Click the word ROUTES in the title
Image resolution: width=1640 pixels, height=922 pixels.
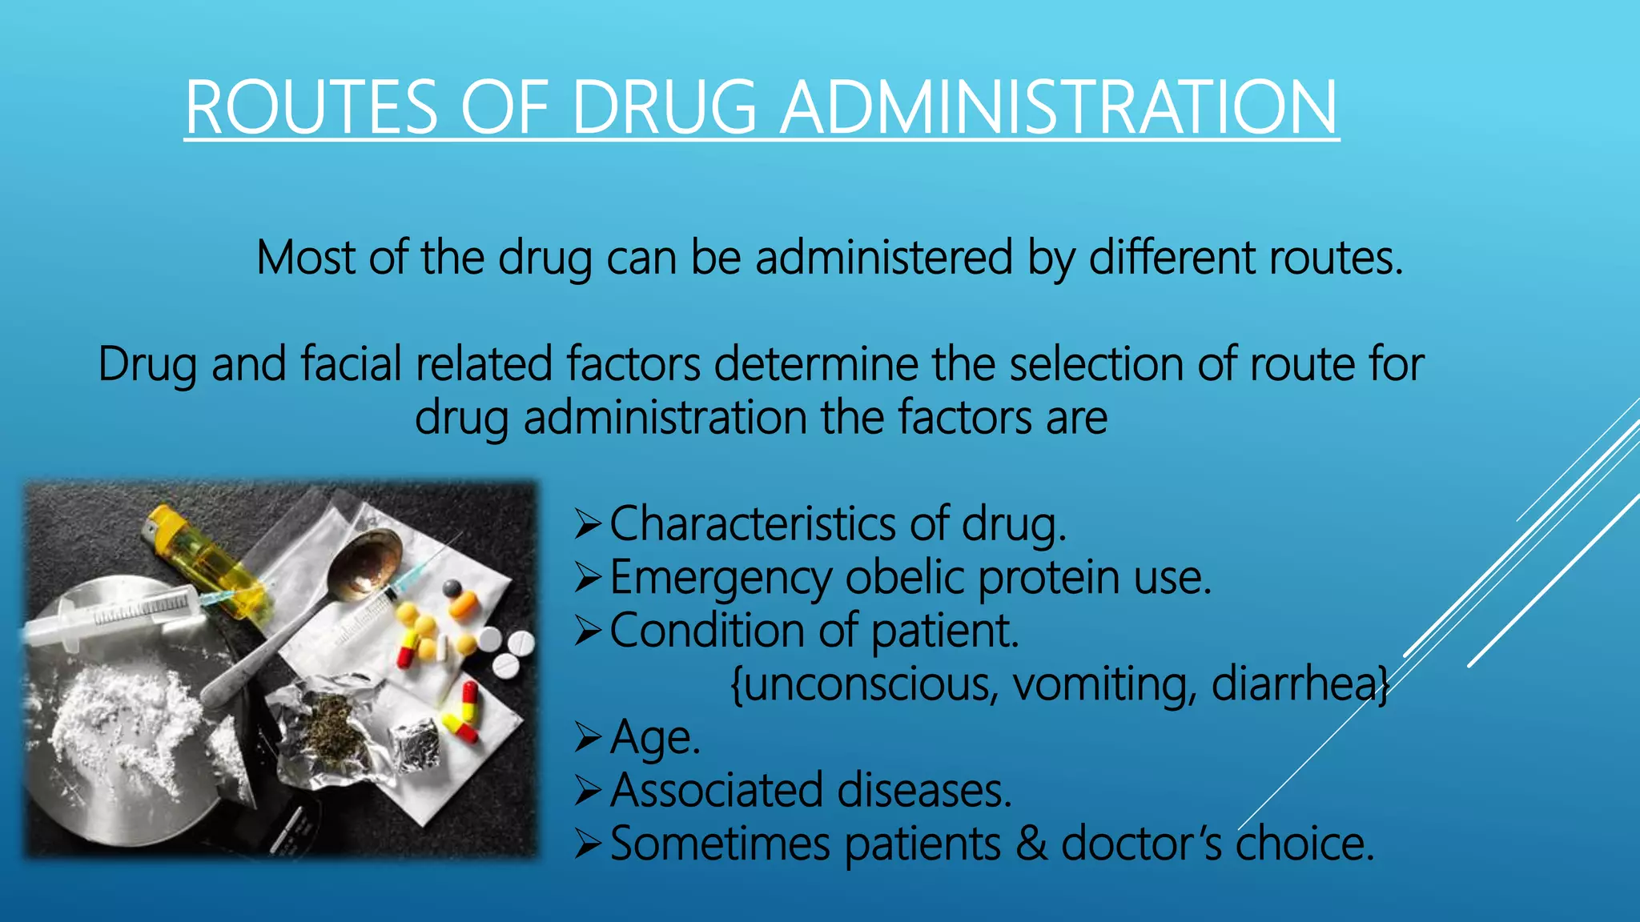(x=311, y=108)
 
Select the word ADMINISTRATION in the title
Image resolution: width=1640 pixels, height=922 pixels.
(x=1059, y=108)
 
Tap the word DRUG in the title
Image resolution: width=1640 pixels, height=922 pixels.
(x=664, y=108)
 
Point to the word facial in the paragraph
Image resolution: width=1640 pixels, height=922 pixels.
(x=351, y=364)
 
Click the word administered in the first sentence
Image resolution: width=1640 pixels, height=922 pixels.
(x=883, y=258)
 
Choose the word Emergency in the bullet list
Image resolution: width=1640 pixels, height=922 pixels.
(x=721, y=578)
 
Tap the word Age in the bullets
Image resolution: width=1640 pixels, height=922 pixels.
(x=653, y=738)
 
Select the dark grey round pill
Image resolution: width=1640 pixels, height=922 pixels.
(x=452, y=588)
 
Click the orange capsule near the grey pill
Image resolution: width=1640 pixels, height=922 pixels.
(x=464, y=604)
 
